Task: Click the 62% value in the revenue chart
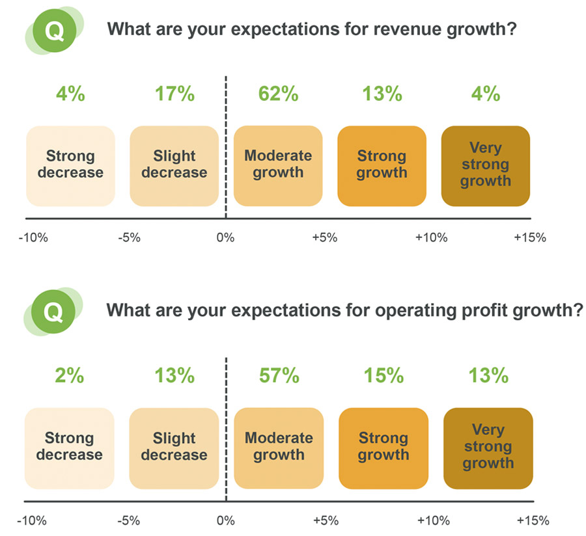[278, 94]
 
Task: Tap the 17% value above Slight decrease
[174, 94]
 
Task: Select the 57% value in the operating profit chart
[279, 376]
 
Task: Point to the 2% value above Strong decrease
[70, 376]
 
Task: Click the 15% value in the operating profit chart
[384, 376]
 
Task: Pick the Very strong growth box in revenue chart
[486, 165]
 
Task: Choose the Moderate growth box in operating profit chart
[279, 448]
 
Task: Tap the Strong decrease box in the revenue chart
[70, 165]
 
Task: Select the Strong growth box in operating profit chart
[384, 448]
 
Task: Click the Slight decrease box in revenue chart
[174, 165]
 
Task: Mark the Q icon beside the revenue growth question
[55, 31]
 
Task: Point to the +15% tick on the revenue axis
[529, 238]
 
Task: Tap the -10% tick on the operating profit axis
[33, 521]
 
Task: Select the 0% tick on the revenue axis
[225, 238]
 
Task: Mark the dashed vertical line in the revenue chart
[226, 150]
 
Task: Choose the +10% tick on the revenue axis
[431, 238]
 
